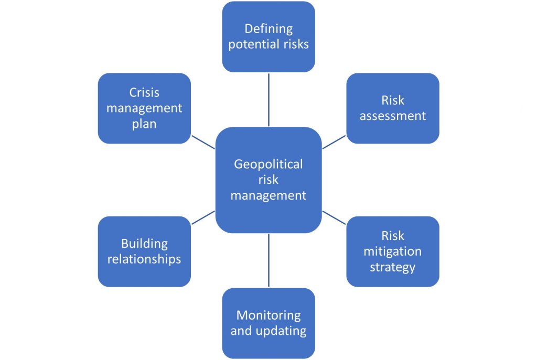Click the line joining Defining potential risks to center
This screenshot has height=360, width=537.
tap(268, 99)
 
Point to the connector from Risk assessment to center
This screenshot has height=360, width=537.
tap(334, 142)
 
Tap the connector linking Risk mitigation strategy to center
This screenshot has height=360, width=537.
tap(334, 217)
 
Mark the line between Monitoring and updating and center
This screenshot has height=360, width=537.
tap(268, 260)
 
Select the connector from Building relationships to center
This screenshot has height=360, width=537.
tap(203, 217)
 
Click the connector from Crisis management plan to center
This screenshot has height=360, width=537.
tap(203, 142)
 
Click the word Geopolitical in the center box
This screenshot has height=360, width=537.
tap(268, 165)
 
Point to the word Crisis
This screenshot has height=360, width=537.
tap(144, 93)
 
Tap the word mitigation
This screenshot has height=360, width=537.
tap(392, 252)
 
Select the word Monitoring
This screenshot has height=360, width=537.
tap(268, 315)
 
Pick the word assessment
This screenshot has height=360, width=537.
tap(392, 116)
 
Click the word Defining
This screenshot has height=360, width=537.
tap(268, 29)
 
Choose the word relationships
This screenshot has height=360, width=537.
tap(144, 259)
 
